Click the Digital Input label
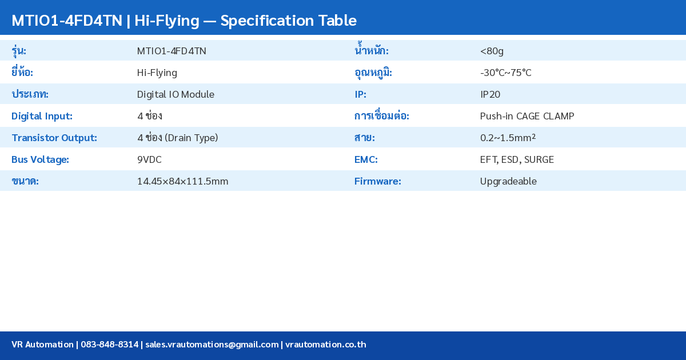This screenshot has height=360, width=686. [42, 116]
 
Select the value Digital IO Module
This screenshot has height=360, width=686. [176, 94]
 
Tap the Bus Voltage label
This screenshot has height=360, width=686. [40, 159]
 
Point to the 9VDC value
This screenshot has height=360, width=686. [149, 159]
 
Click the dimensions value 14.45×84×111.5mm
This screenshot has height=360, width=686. [182, 181]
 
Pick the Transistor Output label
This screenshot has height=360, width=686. [54, 138]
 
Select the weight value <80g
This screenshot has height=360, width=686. [492, 51]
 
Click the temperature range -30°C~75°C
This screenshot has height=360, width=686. [505, 73]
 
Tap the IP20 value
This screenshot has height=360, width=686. [490, 94]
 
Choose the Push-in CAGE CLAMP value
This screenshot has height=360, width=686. [527, 116]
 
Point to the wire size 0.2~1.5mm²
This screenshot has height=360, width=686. [508, 138]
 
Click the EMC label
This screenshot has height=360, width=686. [366, 159]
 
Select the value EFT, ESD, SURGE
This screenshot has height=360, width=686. [517, 159]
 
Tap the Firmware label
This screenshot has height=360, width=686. [377, 181]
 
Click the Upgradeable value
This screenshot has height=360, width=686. [508, 181]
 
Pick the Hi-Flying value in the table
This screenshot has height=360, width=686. [157, 73]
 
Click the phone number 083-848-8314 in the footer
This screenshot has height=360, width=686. [109, 345]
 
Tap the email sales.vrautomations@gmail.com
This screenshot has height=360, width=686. [212, 345]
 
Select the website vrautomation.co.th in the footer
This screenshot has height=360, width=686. [325, 345]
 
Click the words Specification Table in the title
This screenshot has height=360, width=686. [288, 21]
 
